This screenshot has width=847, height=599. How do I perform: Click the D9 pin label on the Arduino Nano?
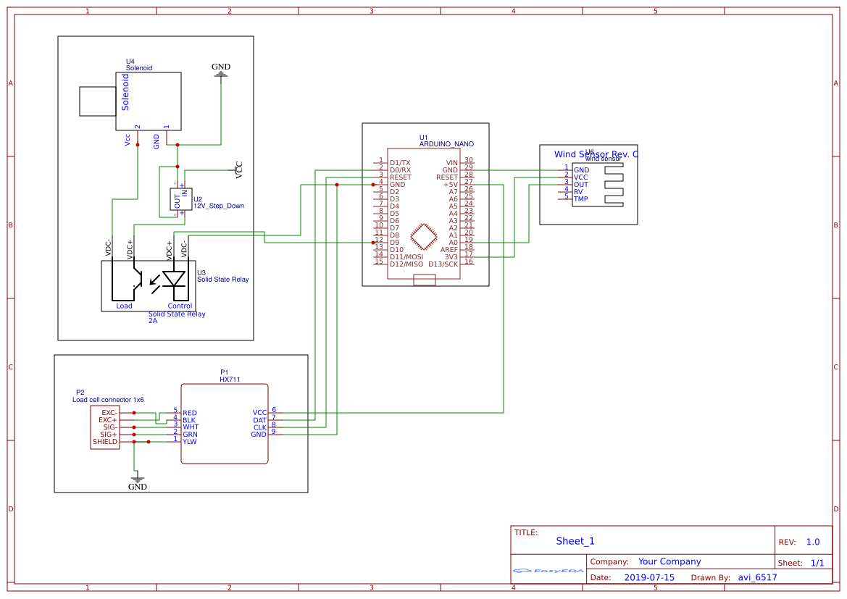pos(394,243)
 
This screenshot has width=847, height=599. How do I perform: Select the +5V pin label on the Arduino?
pos(450,185)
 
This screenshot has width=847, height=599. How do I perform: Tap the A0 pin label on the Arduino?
pos(453,243)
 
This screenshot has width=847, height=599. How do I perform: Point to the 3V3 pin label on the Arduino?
pos(451,257)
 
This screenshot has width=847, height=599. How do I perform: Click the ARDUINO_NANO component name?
pos(446,144)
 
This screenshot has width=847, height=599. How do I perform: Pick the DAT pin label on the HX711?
pos(259,420)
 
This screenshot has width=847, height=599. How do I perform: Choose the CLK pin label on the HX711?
pos(259,427)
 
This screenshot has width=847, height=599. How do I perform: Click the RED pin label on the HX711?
pos(190,413)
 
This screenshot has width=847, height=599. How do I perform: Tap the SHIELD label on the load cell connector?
pos(104,442)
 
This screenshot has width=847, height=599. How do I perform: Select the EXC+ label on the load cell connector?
pos(108,420)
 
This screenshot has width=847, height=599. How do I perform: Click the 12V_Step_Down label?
pos(219,206)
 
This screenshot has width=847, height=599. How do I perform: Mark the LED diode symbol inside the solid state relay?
pos(174,279)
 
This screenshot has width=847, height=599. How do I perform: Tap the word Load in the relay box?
pos(125,306)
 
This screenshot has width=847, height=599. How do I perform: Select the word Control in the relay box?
pos(180,306)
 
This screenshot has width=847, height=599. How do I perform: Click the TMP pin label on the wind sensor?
pos(581,199)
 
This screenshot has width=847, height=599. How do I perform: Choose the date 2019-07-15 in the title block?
pos(649,577)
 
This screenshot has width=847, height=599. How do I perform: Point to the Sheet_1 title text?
pos(575,541)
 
